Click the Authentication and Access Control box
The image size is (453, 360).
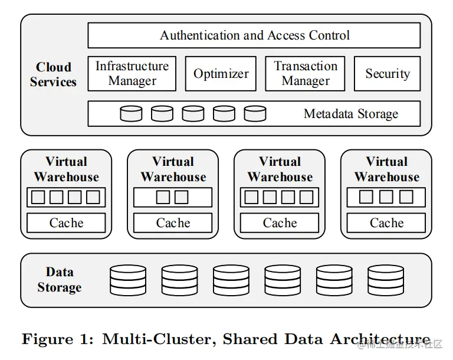(254, 35)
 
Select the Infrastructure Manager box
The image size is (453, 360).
(132, 74)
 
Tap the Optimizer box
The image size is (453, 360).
(221, 74)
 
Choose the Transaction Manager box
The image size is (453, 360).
(305, 74)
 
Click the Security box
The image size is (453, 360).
(387, 74)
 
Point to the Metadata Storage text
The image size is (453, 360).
(351, 114)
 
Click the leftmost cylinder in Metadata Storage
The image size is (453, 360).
(131, 113)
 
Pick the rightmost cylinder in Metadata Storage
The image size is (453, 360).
(255, 113)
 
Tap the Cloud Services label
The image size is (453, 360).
(54, 75)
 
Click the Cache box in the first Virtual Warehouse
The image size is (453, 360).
(66, 223)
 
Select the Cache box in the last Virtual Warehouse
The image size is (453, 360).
(386, 223)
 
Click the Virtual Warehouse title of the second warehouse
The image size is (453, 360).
(173, 169)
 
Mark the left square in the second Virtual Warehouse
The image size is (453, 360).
(163, 197)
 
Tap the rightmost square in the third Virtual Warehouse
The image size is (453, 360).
(307, 197)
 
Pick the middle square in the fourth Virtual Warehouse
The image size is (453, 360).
(386, 197)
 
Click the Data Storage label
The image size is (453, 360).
(60, 280)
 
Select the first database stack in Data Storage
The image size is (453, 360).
(128, 280)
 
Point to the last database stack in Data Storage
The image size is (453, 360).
(386, 280)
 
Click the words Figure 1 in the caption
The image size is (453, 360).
(57, 339)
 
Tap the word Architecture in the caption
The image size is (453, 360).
(380, 339)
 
